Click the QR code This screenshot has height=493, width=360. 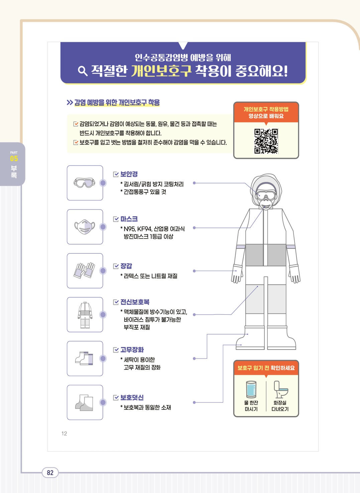click(266, 141)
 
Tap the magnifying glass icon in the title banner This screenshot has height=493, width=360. click(83, 71)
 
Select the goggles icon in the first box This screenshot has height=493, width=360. click(85, 183)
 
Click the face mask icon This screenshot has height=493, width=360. click(85, 227)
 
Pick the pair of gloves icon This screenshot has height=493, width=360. click(85, 270)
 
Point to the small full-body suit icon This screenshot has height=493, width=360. click(85, 315)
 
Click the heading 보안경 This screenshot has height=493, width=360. click(129, 174)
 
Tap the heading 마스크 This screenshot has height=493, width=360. click(129, 219)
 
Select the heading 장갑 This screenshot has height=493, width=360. click(126, 266)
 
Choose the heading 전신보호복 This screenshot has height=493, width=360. click(135, 302)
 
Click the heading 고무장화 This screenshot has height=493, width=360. click(132, 350)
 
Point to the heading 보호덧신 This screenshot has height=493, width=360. click(132, 397)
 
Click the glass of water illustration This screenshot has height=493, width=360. click(251, 390)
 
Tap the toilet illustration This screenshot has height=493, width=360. click(280, 389)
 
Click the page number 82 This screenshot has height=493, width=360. click(50, 473)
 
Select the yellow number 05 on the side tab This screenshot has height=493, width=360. click(14, 159)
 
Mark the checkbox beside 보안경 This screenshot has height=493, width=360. click(116, 174)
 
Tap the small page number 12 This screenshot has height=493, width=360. click(64, 433)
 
